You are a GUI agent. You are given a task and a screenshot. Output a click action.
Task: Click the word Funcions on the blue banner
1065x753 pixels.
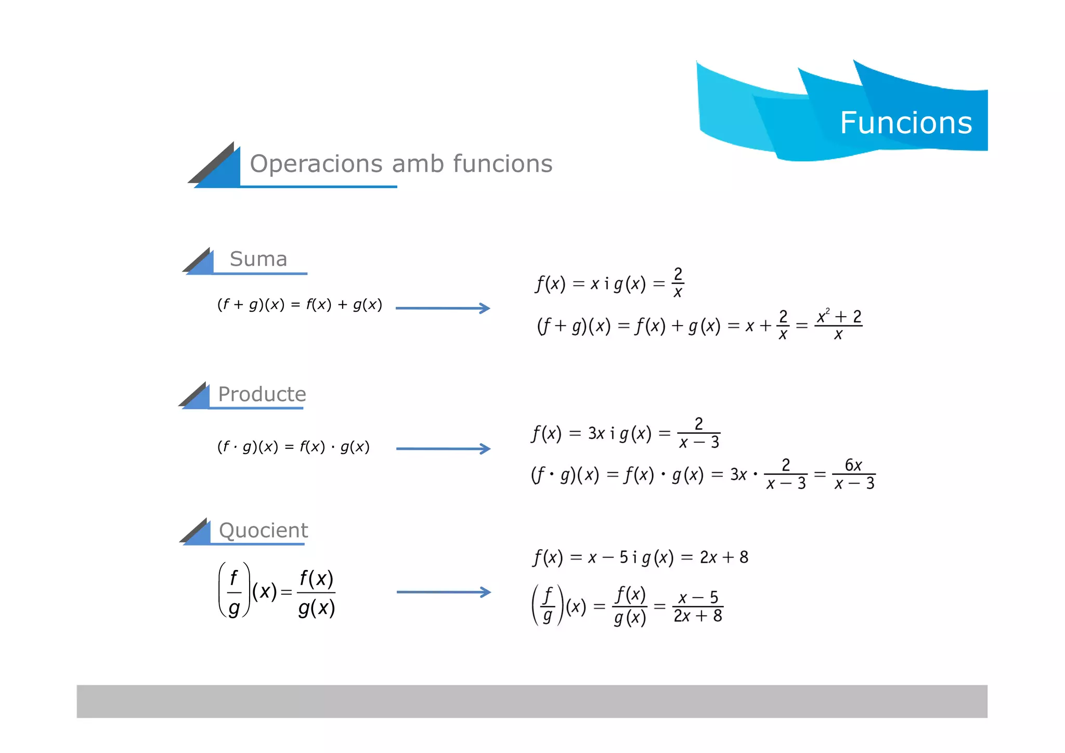point(906,123)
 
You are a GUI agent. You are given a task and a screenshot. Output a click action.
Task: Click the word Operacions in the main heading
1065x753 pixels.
point(316,164)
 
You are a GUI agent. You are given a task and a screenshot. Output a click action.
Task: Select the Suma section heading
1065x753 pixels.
point(258,259)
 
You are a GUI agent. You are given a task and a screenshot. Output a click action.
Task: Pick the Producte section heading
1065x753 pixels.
point(262,394)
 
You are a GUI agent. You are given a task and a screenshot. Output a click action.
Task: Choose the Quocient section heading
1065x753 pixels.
point(264,530)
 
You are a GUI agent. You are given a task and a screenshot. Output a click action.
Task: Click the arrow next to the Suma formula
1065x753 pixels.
point(443,308)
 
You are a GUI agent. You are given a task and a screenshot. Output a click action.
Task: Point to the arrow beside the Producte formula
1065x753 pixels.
point(443,449)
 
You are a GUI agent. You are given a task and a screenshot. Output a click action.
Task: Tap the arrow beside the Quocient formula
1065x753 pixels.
point(444,592)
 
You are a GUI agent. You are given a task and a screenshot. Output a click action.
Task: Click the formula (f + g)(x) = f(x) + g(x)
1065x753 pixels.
point(300,305)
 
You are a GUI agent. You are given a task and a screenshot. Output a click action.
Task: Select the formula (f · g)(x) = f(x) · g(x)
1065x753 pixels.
point(293,447)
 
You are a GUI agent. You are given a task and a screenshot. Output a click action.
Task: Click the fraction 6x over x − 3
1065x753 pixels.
point(854,474)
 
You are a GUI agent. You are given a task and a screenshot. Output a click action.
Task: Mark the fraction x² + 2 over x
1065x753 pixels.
point(839,325)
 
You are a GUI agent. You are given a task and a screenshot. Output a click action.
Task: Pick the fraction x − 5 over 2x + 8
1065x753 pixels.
point(698,606)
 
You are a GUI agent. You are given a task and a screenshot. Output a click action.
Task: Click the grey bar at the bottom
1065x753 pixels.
point(531,701)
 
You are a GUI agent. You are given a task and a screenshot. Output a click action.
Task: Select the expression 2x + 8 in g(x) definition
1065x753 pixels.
point(724,557)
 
